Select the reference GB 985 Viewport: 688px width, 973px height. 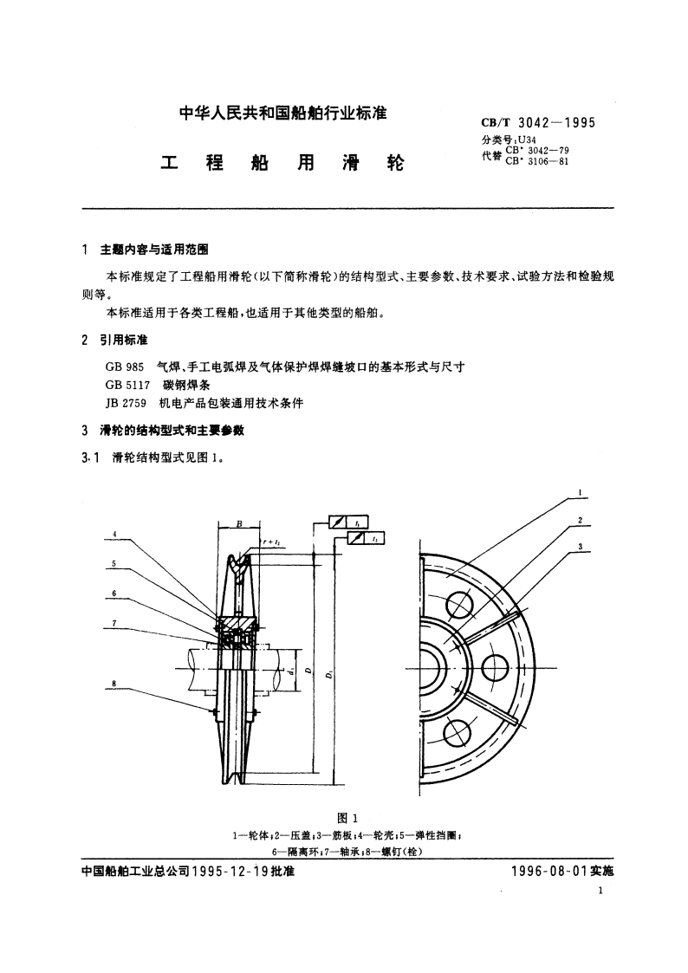tap(122, 366)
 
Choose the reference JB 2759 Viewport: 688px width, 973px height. tap(124, 403)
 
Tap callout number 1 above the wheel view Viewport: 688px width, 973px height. tap(580, 496)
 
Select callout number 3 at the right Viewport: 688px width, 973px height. tap(580, 546)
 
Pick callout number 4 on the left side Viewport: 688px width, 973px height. tap(114, 534)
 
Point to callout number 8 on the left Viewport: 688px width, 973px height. tap(114, 684)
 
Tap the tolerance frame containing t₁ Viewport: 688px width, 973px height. tap(366, 539)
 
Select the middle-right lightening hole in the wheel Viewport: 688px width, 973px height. tap(494, 667)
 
